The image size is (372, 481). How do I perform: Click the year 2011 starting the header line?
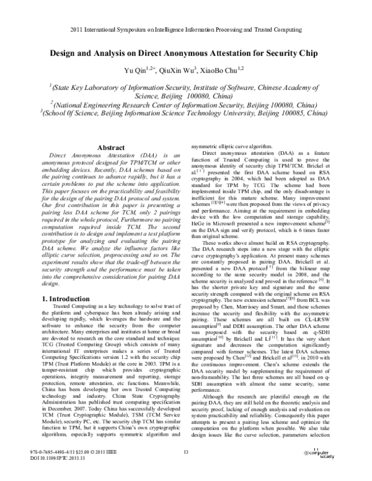(78, 30)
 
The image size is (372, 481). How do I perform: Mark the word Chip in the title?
(314, 54)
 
